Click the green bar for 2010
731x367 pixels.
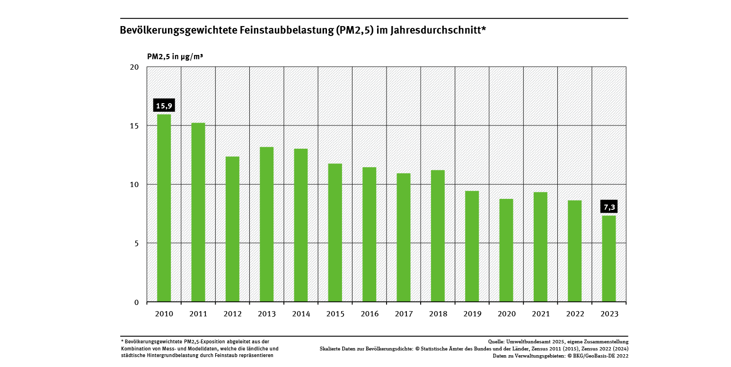pyautogui.click(x=164, y=208)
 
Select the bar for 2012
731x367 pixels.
pyautogui.click(x=232, y=229)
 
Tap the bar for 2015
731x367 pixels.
pyautogui.click(x=335, y=233)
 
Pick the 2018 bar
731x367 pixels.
pyautogui.click(x=438, y=236)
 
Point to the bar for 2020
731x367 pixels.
pyautogui.click(x=506, y=250)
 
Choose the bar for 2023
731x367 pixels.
pyautogui.click(x=608, y=259)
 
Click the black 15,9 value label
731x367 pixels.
pyautogui.click(x=164, y=106)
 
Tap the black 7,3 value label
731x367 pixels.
pyautogui.click(x=608, y=207)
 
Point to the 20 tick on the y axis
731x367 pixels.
pyautogui.click(x=134, y=67)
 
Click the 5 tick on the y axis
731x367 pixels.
pyautogui.click(x=136, y=243)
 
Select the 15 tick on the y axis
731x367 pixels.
pyautogui.click(x=134, y=126)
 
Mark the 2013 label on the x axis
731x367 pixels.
pyautogui.click(x=266, y=314)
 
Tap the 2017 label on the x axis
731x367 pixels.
pyautogui.click(x=404, y=314)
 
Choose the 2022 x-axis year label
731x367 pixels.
pyautogui.click(x=574, y=314)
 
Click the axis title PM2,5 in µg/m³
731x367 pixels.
pyautogui.click(x=175, y=57)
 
